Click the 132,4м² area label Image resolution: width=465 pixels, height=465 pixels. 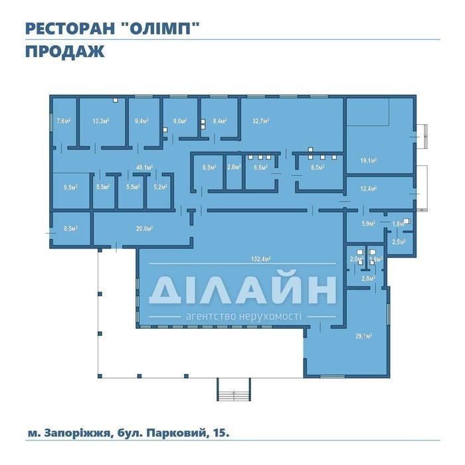[261, 259]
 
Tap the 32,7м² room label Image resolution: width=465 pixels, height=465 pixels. [260, 121]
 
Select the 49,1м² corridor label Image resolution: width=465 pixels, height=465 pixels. [144, 167]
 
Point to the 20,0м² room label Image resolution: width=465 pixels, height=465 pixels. [144, 229]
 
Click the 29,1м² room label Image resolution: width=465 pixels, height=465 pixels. [364, 336]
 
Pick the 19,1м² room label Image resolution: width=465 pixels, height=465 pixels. [369, 161]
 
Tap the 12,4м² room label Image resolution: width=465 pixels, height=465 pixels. [369, 188]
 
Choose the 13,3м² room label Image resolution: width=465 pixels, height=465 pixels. [101, 121]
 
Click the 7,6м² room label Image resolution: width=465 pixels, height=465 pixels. [64, 121]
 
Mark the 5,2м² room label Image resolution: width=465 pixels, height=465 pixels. [161, 187]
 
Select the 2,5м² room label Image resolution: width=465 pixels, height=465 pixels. [399, 242]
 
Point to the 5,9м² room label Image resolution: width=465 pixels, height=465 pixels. [368, 224]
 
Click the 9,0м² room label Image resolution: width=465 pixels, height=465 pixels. [180, 121]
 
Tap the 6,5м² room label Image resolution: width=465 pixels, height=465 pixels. [209, 167]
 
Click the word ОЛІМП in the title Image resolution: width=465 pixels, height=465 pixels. [160, 29]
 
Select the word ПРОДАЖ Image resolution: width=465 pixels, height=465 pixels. [65, 51]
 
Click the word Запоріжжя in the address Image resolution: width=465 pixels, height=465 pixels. [78, 433]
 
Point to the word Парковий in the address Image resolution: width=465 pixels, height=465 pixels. [177, 433]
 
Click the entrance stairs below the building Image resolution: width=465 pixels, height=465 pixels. [234, 389]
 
